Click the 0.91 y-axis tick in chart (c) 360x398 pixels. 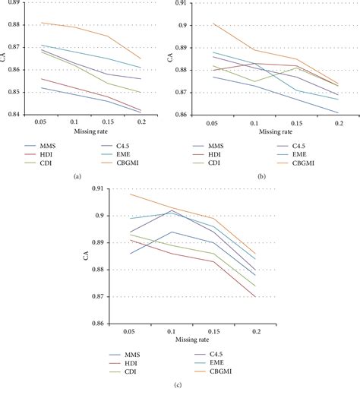(96, 188)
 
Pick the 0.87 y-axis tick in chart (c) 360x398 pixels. (96, 297)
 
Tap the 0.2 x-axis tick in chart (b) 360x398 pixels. (338, 122)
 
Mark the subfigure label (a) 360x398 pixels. (77, 175)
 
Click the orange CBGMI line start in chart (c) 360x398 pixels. (131, 194)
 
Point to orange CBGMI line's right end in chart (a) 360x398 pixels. (141, 58)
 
